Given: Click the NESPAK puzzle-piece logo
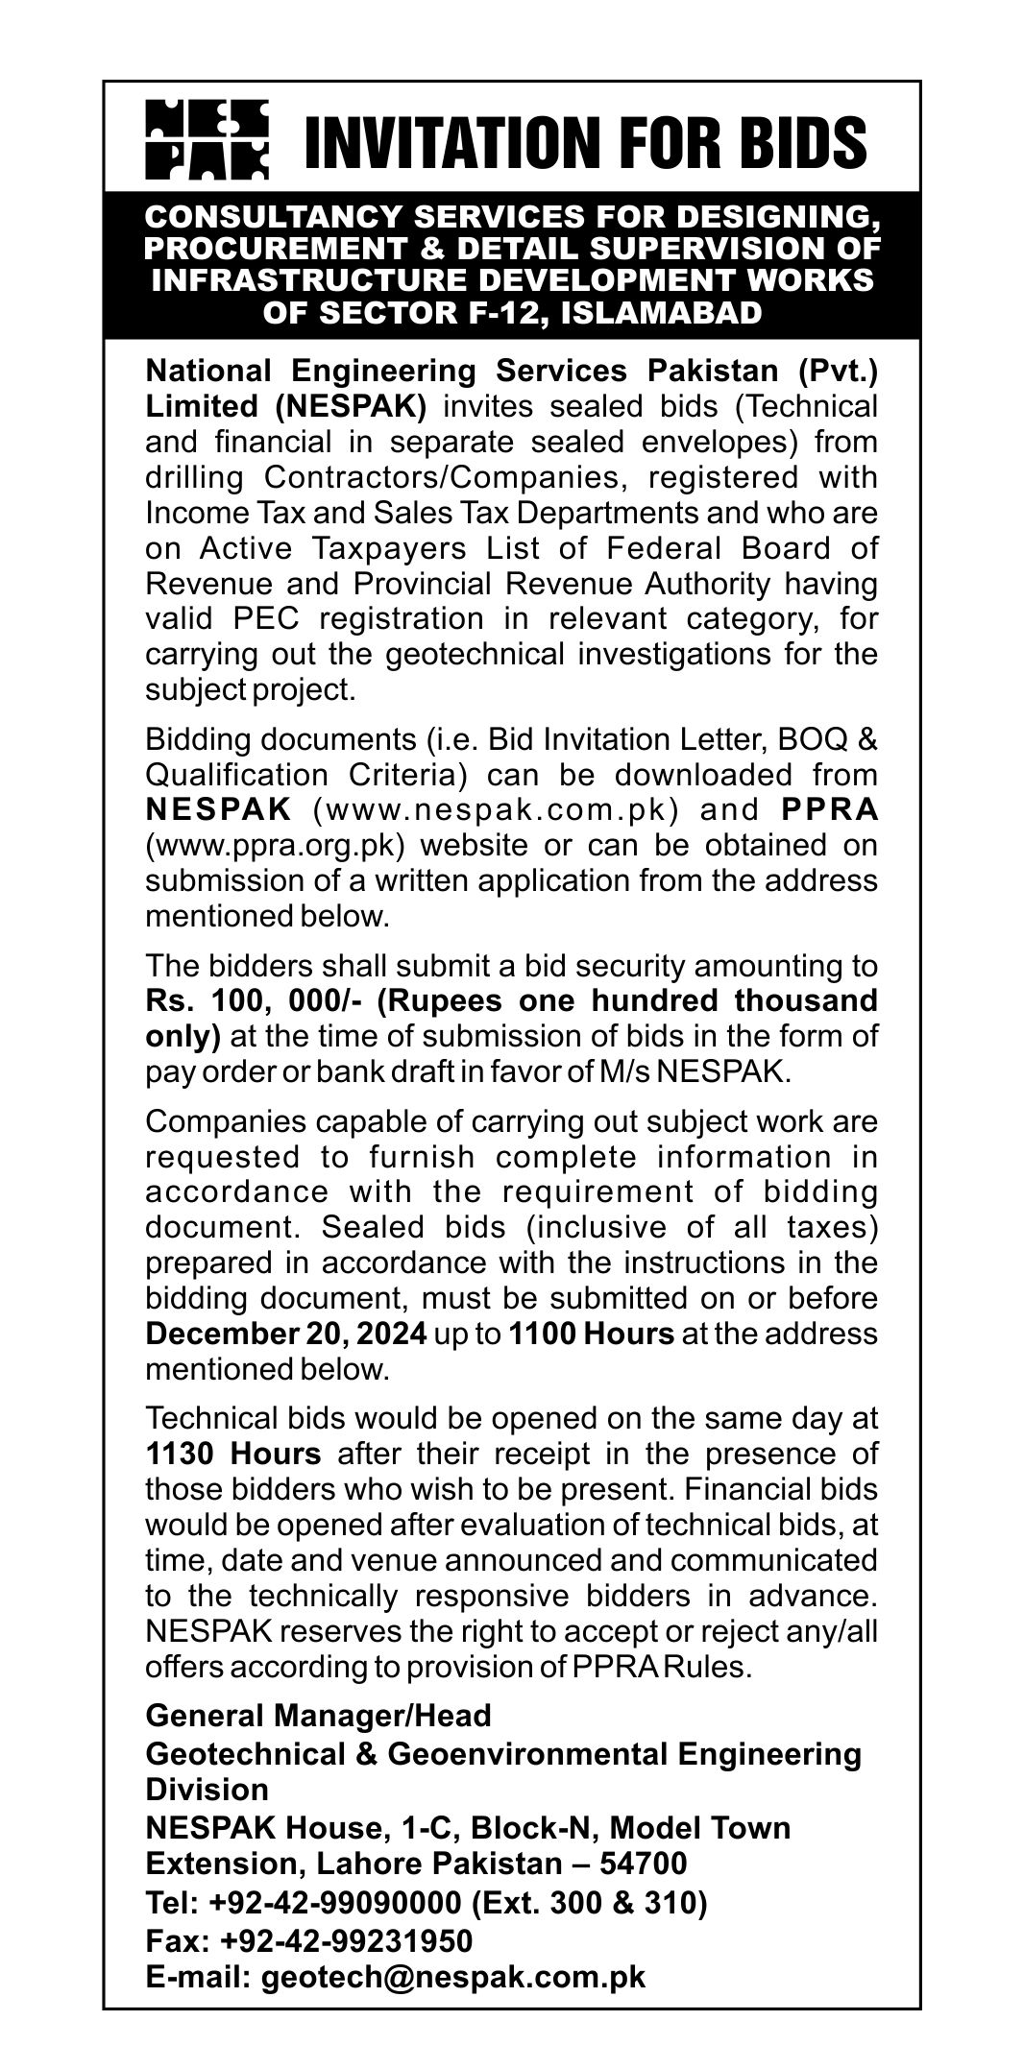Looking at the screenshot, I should pyautogui.click(x=207, y=139).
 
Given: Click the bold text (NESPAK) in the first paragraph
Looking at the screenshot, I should pyautogui.click(x=351, y=406).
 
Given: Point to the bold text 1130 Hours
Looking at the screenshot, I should pyautogui.click(x=232, y=1454).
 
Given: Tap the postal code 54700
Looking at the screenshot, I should pyautogui.click(x=644, y=1864).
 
